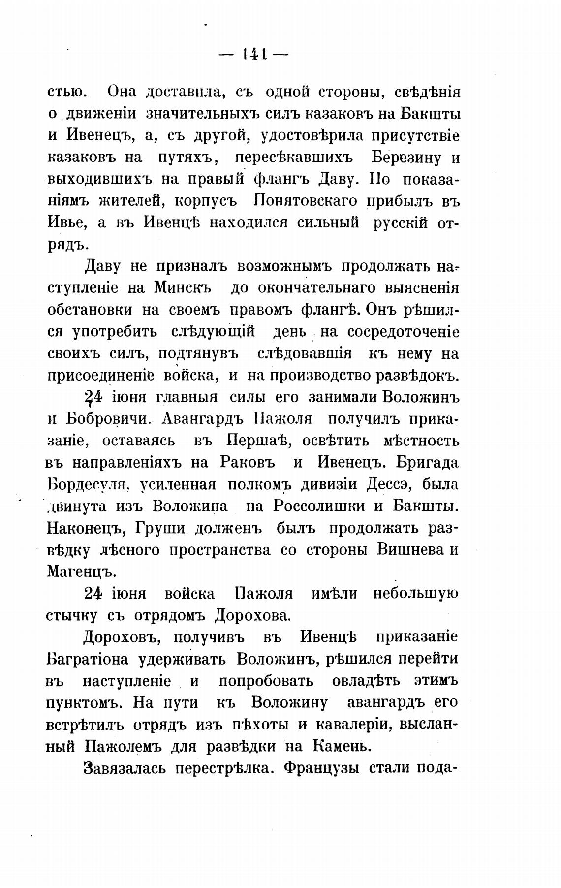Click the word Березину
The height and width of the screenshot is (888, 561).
[x=407, y=158]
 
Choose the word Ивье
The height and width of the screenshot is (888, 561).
[x=67, y=223]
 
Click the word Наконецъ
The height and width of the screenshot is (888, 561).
[x=84, y=528]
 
